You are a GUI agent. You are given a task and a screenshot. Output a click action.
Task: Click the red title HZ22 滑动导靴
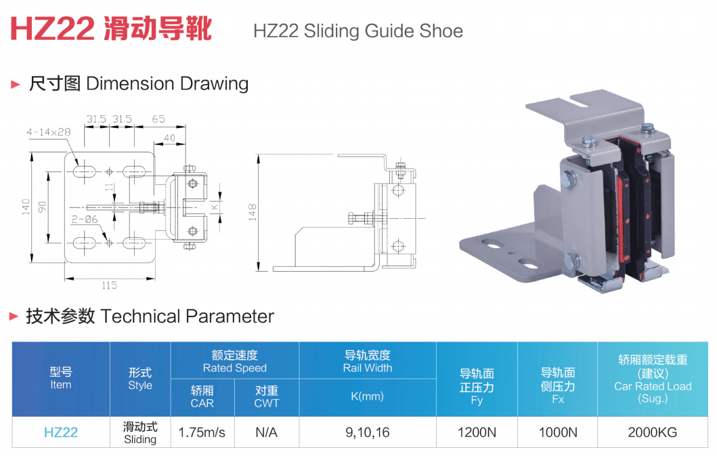point(111,29)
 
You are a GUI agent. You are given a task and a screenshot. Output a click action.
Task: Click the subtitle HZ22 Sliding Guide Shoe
point(357,31)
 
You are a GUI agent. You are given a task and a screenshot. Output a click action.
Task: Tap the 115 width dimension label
point(109,285)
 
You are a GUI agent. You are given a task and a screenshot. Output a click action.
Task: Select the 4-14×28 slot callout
point(49,132)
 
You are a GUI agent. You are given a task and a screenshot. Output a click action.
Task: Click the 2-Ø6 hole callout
point(84,219)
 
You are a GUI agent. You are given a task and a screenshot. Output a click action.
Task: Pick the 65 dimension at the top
point(158,119)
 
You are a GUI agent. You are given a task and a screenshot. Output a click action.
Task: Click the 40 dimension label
point(169,138)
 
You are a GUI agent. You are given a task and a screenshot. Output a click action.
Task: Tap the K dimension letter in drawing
point(213,205)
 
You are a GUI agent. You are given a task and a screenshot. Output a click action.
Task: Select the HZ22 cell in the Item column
point(61,432)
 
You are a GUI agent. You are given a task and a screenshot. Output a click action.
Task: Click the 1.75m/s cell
point(202,432)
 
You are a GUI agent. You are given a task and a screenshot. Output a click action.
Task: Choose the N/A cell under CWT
point(267,432)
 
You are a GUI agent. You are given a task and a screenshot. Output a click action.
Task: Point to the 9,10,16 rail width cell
point(368,432)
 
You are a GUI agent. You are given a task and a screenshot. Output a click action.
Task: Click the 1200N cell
point(477,432)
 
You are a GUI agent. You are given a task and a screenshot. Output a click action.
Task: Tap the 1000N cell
point(558,432)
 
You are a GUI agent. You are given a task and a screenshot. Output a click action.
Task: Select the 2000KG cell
point(652,432)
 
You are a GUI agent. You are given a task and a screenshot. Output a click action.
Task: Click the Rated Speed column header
point(234,361)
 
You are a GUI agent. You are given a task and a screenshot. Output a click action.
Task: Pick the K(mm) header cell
point(368,396)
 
